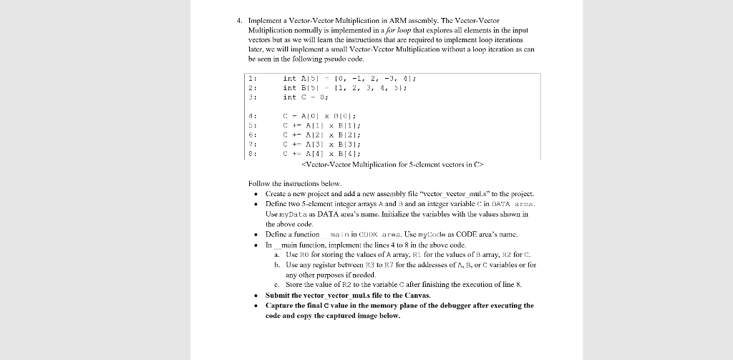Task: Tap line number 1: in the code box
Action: tap(252, 78)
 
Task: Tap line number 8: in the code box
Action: tap(252, 152)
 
